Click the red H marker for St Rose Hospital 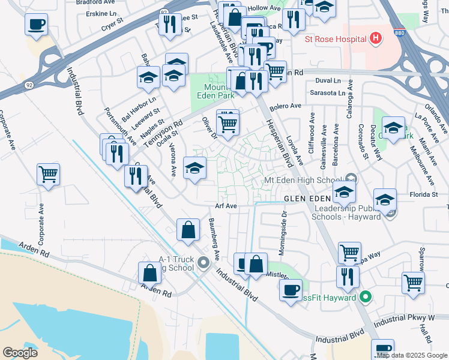tap(376, 39)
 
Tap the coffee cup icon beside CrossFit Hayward tap(291, 290)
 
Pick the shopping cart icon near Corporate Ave tap(48, 175)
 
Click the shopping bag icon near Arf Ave tap(188, 229)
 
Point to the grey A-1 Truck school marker tap(202, 261)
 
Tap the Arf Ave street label tap(227, 206)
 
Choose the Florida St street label tap(424, 194)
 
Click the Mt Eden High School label tap(304, 180)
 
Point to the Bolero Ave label tap(285, 106)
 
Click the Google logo tap(20, 353)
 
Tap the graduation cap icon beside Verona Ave tap(194, 167)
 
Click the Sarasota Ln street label tap(328, 93)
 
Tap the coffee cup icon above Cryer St tap(36, 25)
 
